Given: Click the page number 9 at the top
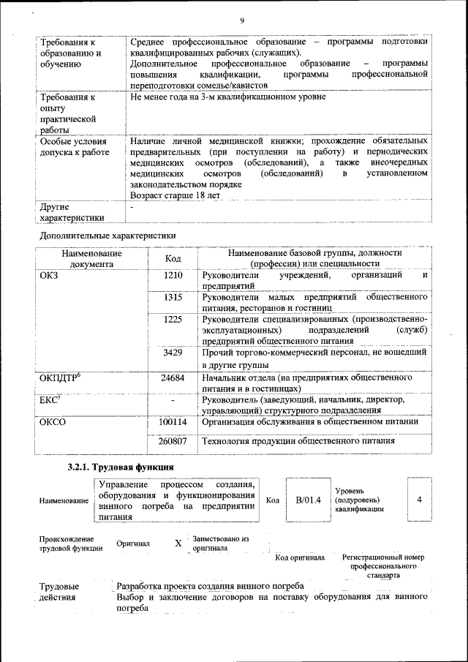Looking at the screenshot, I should [241, 20].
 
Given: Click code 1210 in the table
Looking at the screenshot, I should [173, 276].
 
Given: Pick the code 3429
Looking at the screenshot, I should [173, 353].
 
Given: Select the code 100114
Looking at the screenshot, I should [173, 422].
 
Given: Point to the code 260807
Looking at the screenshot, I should [173, 441].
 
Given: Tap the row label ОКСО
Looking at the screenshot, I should [53, 422].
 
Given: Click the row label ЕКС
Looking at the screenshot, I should [50, 400].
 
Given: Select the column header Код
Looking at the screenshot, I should [173, 258].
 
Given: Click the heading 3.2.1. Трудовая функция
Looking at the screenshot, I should [121, 467].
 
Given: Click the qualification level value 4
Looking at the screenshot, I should [419, 499].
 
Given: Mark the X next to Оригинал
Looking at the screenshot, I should [178, 544].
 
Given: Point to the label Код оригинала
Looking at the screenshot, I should [300, 557].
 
